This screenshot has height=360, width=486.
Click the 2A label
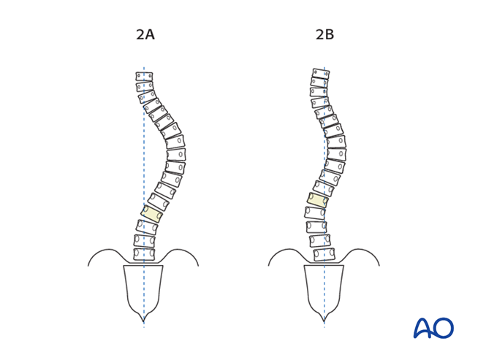pyautogui.click(x=145, y=34)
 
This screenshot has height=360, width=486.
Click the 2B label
pyautogui.click(x=324, y=34)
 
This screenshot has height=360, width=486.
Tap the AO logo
pyautogui.click(x=433, y=327)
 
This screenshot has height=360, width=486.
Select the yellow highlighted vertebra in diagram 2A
pyautogui.click(x=151, y=213)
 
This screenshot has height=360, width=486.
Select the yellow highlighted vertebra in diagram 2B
pyautogui.click(x=318, y=200)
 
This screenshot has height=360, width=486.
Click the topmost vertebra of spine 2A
pyautogui.click(x=144, y=77)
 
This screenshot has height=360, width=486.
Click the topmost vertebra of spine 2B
pyautogui.click(x=321, y=74)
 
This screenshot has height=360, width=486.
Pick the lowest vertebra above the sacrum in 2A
pyautogui.click(x=144, y=254)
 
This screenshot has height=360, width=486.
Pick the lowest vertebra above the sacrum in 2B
pyautogui.click(x=324, y=254)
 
